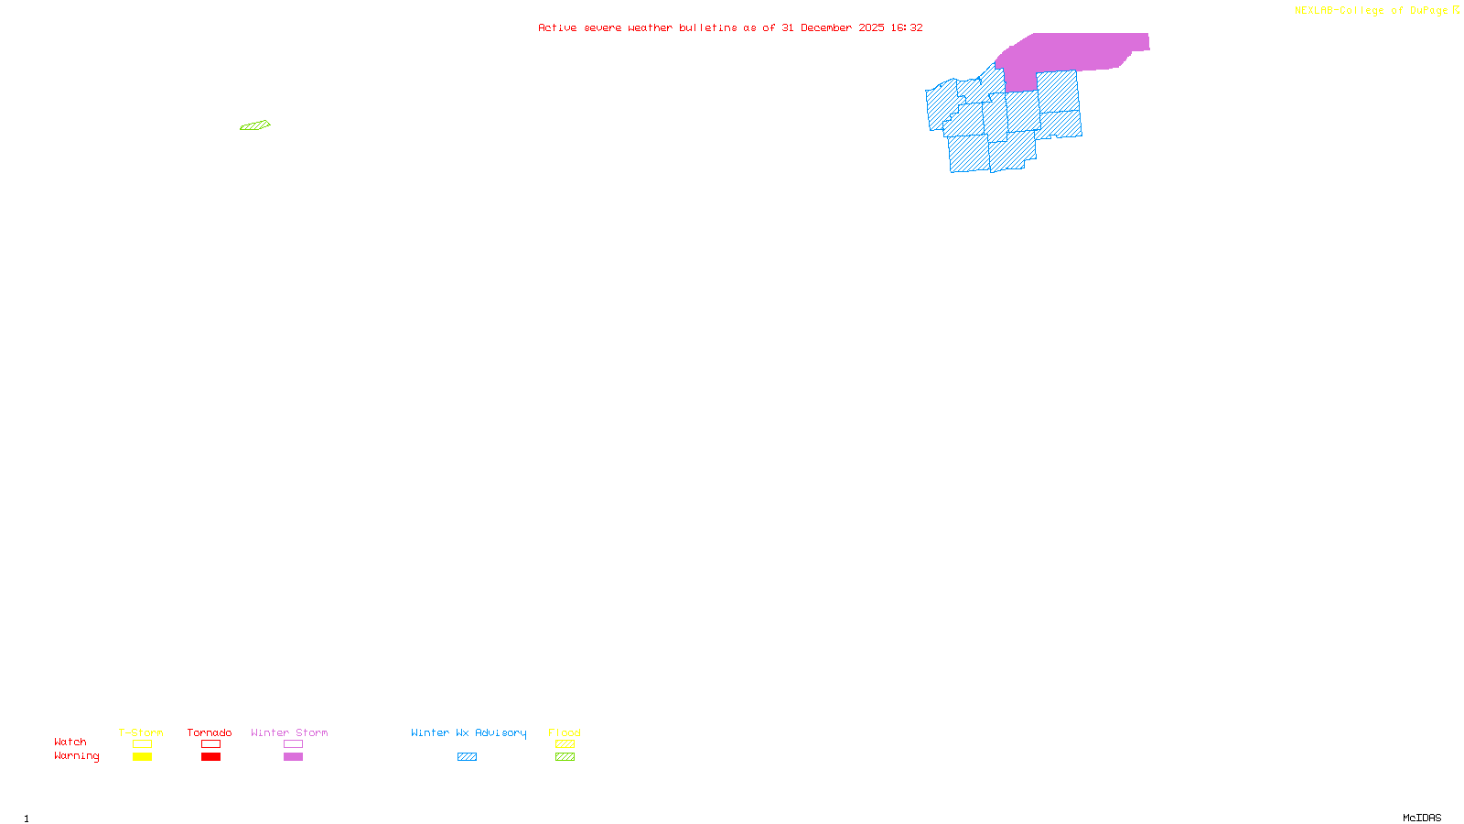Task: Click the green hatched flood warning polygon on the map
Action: point(255,125)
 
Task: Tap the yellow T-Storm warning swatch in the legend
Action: point(142,757)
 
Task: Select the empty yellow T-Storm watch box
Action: point(142,744)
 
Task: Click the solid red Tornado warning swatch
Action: point(210,757)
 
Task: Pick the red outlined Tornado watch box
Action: point(210,744)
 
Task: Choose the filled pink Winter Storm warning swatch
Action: point(293,757)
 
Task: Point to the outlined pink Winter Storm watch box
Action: point(293,744)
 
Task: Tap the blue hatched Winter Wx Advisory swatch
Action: point(467,757)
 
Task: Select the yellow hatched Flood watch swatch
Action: point(565,744)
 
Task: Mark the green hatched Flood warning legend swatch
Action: point(565,757)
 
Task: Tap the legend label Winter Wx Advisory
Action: point(468,732)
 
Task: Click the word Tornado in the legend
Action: point(210,732)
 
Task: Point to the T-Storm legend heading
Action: point(141,732)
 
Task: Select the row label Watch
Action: point(70,743)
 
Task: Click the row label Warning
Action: point(76,756)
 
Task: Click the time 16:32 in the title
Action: point(907,27)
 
